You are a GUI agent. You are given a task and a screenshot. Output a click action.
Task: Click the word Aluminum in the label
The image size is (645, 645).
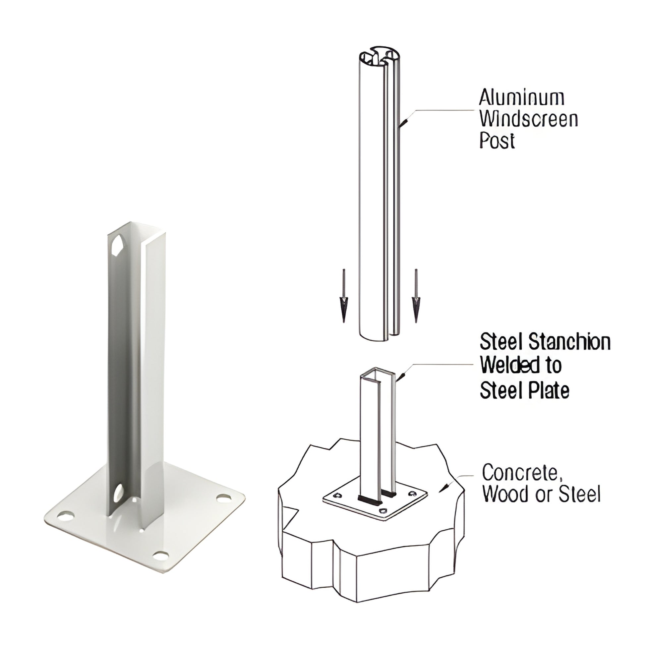[x=521, y=98]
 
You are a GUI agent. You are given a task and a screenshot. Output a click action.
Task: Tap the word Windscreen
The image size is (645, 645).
[x=529, y=119]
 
